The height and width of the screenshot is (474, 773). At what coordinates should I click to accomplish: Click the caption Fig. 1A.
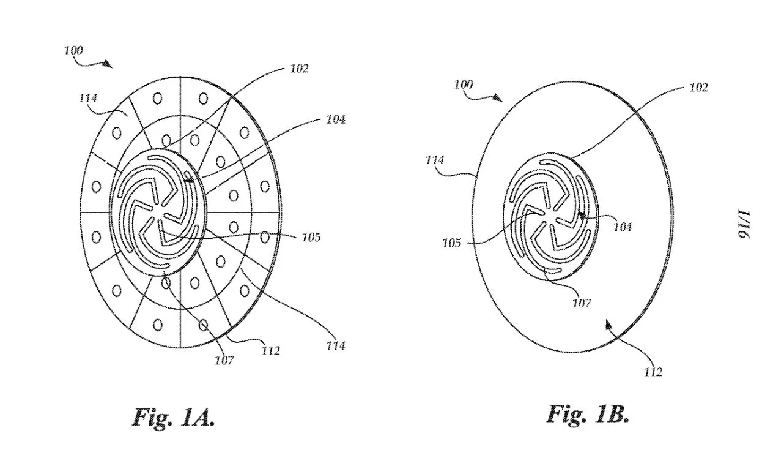(x=174, y=418)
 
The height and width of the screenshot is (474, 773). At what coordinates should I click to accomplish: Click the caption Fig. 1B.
(x=587, y=415)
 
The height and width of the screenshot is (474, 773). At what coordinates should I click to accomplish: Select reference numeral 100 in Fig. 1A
(x=73, y=50)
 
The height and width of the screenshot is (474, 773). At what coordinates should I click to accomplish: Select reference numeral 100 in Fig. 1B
(x=463, y=85)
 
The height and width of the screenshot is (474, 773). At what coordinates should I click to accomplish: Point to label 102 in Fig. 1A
(x=299, y=69)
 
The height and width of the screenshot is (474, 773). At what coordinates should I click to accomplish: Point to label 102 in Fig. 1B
(x=698, y=88)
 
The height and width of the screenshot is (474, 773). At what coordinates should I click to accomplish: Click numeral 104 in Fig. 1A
(x=336, y=119)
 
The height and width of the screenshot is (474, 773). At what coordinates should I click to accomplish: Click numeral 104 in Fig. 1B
(x=623, y=227)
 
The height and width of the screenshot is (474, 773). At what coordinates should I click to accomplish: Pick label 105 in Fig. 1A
(x=311, y=238)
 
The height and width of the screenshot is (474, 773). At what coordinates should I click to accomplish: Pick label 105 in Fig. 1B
(x=452, y=243)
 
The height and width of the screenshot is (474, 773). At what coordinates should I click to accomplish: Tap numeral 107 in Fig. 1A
(x=224, y=361)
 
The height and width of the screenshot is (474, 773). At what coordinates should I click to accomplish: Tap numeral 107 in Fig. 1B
(x=582, y=303)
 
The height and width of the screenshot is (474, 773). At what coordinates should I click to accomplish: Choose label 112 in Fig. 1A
(x=270, y=351)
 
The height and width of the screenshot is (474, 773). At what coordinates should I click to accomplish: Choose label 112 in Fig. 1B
(x=653, y=372)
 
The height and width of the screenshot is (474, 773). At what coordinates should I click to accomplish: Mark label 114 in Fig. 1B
(x=435, y=160)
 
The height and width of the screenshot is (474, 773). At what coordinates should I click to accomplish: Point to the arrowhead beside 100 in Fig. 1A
(x=108, y=64)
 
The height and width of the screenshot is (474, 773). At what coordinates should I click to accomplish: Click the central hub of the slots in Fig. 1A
(x=160, y=214)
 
